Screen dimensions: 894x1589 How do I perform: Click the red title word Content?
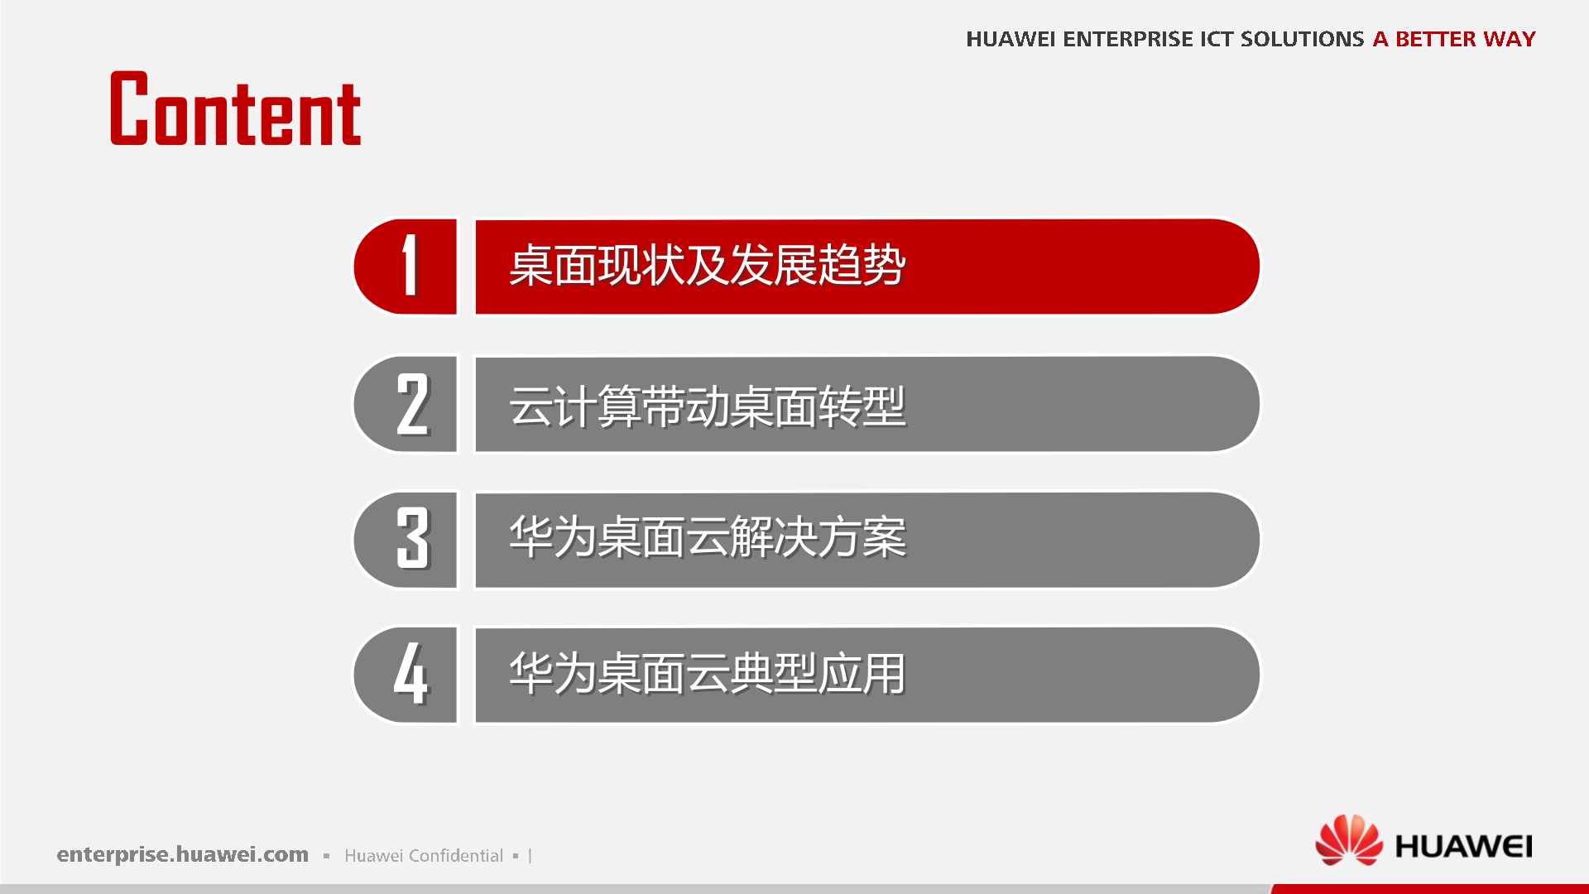tap(236, 110)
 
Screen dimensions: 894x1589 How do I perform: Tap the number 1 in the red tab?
tap(409, 266)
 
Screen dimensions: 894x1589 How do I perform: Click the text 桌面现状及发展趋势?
tap(707, 266)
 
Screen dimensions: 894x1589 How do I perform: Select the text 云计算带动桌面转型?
tap(707, 406)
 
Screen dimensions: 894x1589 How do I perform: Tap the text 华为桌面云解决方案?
tap(707, 537)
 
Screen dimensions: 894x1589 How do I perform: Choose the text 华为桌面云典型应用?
tap(707, 674)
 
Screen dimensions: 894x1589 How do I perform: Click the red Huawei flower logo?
tap(1348, 839)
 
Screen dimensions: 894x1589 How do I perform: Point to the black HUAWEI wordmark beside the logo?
tap(1463, 846)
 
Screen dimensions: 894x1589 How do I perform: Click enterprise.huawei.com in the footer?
tap(182, 854)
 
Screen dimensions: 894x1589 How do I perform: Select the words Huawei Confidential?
tap(423, 855)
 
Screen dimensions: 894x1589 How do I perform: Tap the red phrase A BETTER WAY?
tap(1453, 39)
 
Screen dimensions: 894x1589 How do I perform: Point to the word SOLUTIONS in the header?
tap(1302, 39)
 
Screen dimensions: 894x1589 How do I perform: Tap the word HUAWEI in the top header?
tap(1010, 39)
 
